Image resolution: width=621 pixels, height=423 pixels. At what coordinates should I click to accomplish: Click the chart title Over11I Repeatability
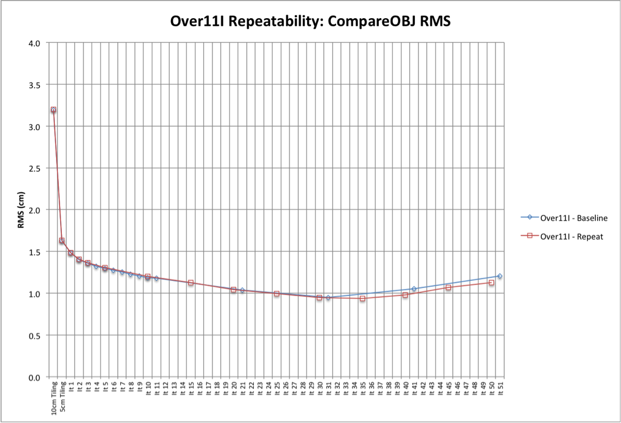[310, 21]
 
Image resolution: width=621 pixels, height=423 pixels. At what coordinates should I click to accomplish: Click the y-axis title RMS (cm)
[22, 210]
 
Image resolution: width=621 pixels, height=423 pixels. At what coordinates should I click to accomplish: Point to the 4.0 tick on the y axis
[34, 43]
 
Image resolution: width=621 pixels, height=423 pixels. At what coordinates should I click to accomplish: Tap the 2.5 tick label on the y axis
[34, 168]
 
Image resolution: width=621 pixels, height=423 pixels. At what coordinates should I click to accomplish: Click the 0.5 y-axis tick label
[34, 335]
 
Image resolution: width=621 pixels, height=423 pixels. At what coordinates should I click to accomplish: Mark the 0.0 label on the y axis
[34, 377]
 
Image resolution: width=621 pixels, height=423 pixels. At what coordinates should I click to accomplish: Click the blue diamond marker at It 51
[500, 276]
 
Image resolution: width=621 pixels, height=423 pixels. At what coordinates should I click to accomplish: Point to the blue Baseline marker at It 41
[414, 289]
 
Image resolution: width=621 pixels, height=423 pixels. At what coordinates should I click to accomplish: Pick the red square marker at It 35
[362, 299]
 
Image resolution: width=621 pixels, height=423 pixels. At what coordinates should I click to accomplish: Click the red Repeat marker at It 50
[491, 283]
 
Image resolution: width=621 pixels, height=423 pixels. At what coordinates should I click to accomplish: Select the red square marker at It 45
[448, 287]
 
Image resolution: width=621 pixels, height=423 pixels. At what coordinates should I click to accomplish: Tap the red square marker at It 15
[191, 283]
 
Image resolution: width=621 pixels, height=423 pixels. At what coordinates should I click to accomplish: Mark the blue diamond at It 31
[328, 297]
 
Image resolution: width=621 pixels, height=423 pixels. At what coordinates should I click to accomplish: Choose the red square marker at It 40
[405, 295]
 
